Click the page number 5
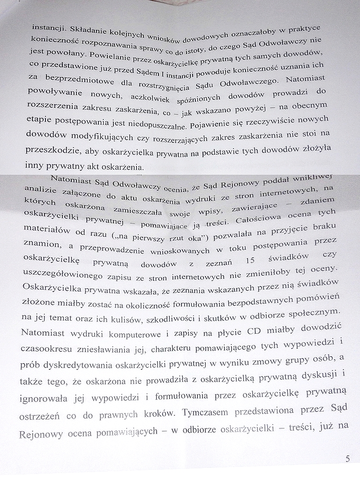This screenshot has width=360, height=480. [x=347, y=459]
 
